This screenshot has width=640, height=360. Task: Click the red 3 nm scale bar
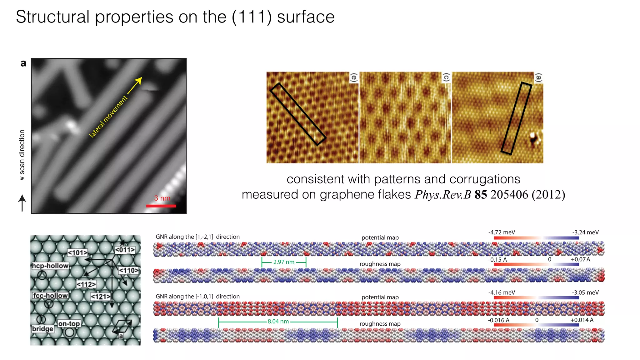click(161, 206)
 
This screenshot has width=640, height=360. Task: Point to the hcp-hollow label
click(50, 266)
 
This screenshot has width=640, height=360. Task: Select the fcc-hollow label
click(50, 295)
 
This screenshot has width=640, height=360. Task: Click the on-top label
click(69, 323)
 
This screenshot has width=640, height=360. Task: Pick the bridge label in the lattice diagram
click(42, 329)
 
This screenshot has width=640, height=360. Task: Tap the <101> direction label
click(77, 252)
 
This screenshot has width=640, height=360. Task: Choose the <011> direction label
click(125, 250)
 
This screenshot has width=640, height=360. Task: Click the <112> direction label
click(86, 284)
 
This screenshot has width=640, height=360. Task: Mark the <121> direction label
click(100, 296)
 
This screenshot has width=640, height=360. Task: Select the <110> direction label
click(128, 270)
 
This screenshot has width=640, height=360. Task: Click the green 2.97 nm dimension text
click(284, 262)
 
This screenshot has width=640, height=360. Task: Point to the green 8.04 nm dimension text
click(278, 322)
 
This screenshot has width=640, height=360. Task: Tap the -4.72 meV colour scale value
click(502, 232)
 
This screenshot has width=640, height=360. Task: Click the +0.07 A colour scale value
click(580, 259)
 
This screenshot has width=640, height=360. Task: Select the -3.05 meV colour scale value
click(585, 292)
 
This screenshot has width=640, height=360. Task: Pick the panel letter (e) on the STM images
click(354, 77)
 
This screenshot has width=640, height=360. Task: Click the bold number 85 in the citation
click(481, 195)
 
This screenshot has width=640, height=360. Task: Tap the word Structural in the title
click(52, 17)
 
